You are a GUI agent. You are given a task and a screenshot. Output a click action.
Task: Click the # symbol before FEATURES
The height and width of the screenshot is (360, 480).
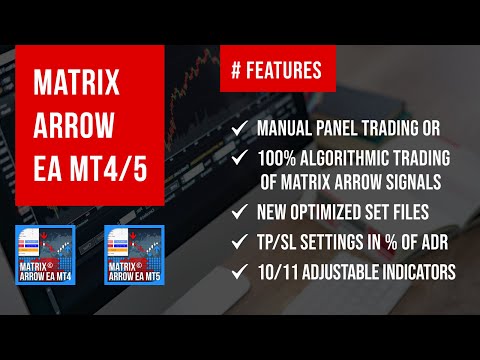point(236,71)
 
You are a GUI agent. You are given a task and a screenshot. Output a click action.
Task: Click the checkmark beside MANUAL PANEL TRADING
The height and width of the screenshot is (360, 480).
point(238,128)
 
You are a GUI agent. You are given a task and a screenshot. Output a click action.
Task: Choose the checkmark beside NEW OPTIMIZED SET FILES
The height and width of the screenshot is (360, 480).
point(238,212)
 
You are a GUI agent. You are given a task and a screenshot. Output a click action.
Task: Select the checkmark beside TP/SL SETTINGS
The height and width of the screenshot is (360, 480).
point(238,241)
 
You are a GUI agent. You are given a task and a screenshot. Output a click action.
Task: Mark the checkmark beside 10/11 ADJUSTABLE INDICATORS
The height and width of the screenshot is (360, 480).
point(238,270)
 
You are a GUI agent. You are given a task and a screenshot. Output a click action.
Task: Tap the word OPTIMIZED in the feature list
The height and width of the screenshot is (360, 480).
point(331,212)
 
